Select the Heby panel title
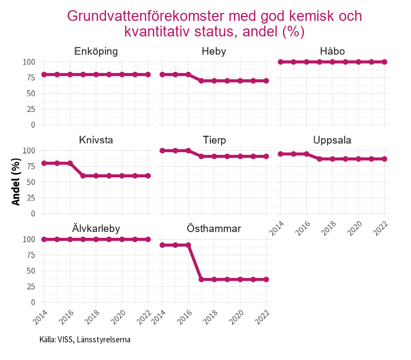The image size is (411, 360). (x=214, y=51)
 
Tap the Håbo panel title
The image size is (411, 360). (x=332, y=51)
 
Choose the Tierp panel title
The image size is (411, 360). (x=214, y=140)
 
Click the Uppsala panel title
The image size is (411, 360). (x=332, y=140)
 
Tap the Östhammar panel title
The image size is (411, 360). (x=214, y=229)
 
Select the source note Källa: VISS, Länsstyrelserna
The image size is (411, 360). (x=85, y=339)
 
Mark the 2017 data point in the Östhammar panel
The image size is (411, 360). (x=201, y=280)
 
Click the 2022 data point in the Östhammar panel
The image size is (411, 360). (x=267, y=280)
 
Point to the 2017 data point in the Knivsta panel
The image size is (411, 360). (x=83, y=176)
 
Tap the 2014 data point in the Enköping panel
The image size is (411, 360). (x=44, y=74)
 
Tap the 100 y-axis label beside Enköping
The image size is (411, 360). (x=29, y=62)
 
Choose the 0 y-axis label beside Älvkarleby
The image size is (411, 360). (x=33, y=303)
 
